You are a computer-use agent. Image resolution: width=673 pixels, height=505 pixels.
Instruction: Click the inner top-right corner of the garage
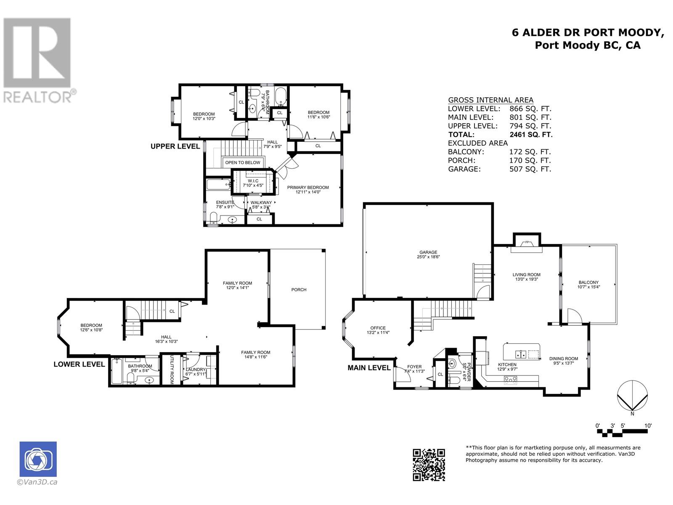(491, 205)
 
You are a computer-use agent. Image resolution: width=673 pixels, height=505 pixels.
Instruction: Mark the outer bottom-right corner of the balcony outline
(617, 324)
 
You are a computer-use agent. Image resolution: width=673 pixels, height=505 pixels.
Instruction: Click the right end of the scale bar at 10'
(647, 431)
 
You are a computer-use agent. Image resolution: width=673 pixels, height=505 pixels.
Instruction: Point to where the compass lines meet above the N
(632, 410)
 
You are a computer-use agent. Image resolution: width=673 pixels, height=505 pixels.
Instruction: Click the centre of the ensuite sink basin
(233, 220)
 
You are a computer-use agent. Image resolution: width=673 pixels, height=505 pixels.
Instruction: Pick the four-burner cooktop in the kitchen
(511, 380)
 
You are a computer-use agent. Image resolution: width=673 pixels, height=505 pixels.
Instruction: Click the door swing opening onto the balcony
(575, 316)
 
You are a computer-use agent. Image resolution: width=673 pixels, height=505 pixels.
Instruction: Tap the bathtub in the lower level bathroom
(117, 371)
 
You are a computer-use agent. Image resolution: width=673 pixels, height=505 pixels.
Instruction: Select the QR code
(429, 465)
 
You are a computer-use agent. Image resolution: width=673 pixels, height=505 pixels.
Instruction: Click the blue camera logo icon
(38, 459)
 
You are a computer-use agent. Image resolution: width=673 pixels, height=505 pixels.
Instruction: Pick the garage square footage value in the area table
(530, 169)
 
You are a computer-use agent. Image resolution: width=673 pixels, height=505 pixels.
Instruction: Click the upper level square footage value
(530, 126)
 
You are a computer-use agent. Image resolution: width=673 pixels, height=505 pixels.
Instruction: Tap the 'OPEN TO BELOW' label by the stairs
(243, 162)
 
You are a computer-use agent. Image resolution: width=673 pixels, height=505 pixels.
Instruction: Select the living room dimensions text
(527, 279)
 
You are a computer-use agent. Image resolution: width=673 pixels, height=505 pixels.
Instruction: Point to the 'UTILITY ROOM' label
(172, 369)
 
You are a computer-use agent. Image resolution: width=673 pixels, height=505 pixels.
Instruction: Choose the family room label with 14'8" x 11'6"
(255, 354)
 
